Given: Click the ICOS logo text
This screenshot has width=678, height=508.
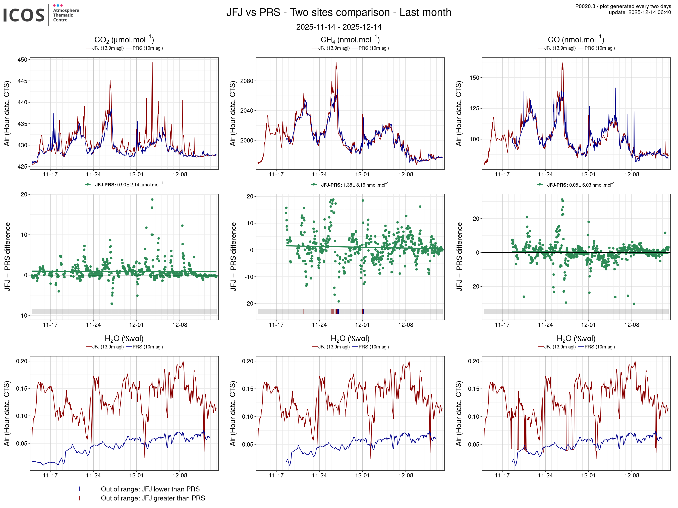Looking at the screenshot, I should coord(24,15).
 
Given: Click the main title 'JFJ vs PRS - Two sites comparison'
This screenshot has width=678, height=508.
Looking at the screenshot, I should coord(338,12).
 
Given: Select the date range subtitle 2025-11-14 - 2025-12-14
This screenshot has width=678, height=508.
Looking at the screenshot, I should coord(338,27).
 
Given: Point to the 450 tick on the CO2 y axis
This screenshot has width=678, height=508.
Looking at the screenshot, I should coord(22,60).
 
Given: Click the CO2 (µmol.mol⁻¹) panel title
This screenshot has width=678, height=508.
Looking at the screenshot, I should coord(124,40).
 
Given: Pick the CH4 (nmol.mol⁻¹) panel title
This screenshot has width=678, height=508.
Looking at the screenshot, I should coord(350,40).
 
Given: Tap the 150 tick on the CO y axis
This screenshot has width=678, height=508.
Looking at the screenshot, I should coord(474,78).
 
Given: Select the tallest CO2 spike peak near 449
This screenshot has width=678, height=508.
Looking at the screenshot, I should coord(152,63).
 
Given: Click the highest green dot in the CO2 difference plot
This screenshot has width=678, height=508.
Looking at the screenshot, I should coord(152,200).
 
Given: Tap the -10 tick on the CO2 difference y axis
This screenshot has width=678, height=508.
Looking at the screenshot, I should coord(23,315).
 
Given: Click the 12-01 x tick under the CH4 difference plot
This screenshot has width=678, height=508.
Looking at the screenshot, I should coord(362,325).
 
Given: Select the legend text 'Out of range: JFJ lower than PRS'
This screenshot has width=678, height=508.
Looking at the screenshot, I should coord(150,489).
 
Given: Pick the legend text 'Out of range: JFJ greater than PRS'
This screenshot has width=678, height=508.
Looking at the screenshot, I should coord(153,498).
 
